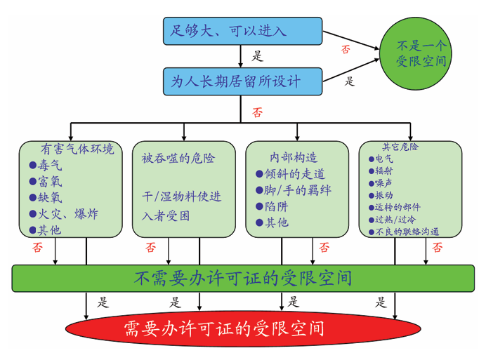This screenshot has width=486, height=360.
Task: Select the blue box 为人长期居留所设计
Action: (242, 82)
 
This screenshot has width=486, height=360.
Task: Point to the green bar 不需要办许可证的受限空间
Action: (242, 278)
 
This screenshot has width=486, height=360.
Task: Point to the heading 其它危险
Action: (400, 147)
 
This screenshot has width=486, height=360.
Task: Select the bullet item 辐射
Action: (383, 171)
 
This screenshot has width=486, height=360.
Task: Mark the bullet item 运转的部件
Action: (398, 207)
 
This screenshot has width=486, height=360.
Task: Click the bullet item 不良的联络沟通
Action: (407, 232)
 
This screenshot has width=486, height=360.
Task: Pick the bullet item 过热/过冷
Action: (393, 219)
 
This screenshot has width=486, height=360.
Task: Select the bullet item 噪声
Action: (383, 183)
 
